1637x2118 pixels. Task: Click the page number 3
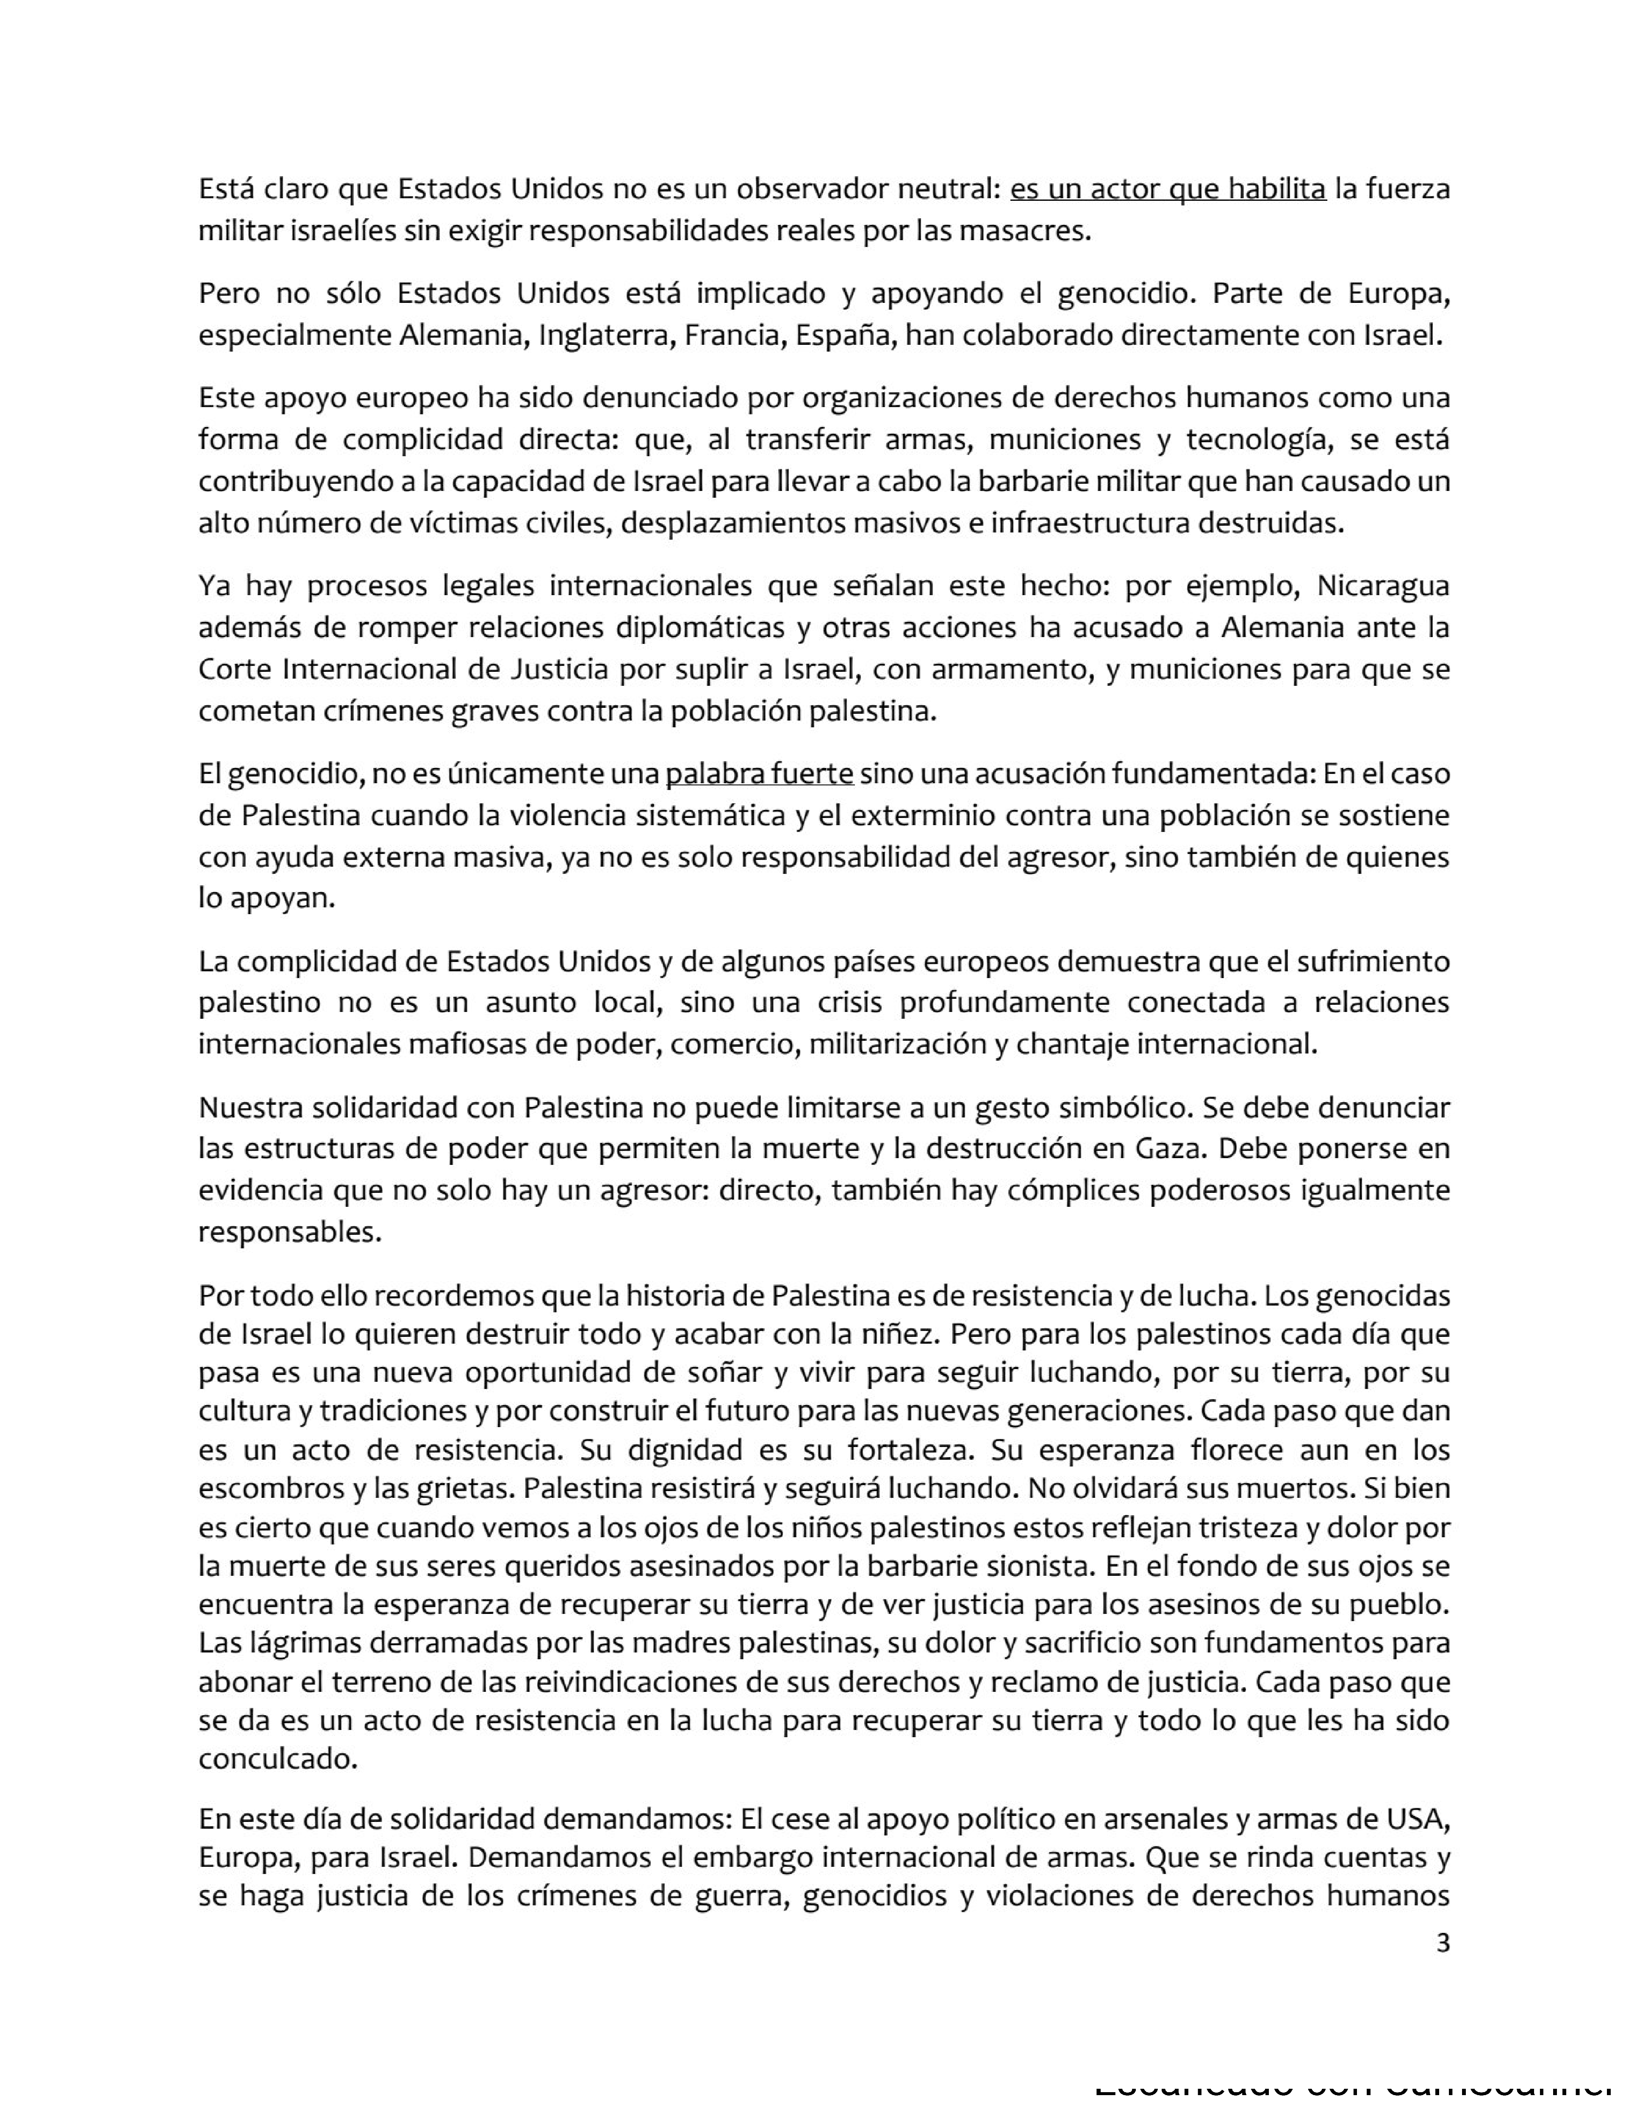pyautogui.click(x=1442, y=1943)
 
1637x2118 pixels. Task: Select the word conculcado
pyautogui.click(x=278, y=1759)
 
